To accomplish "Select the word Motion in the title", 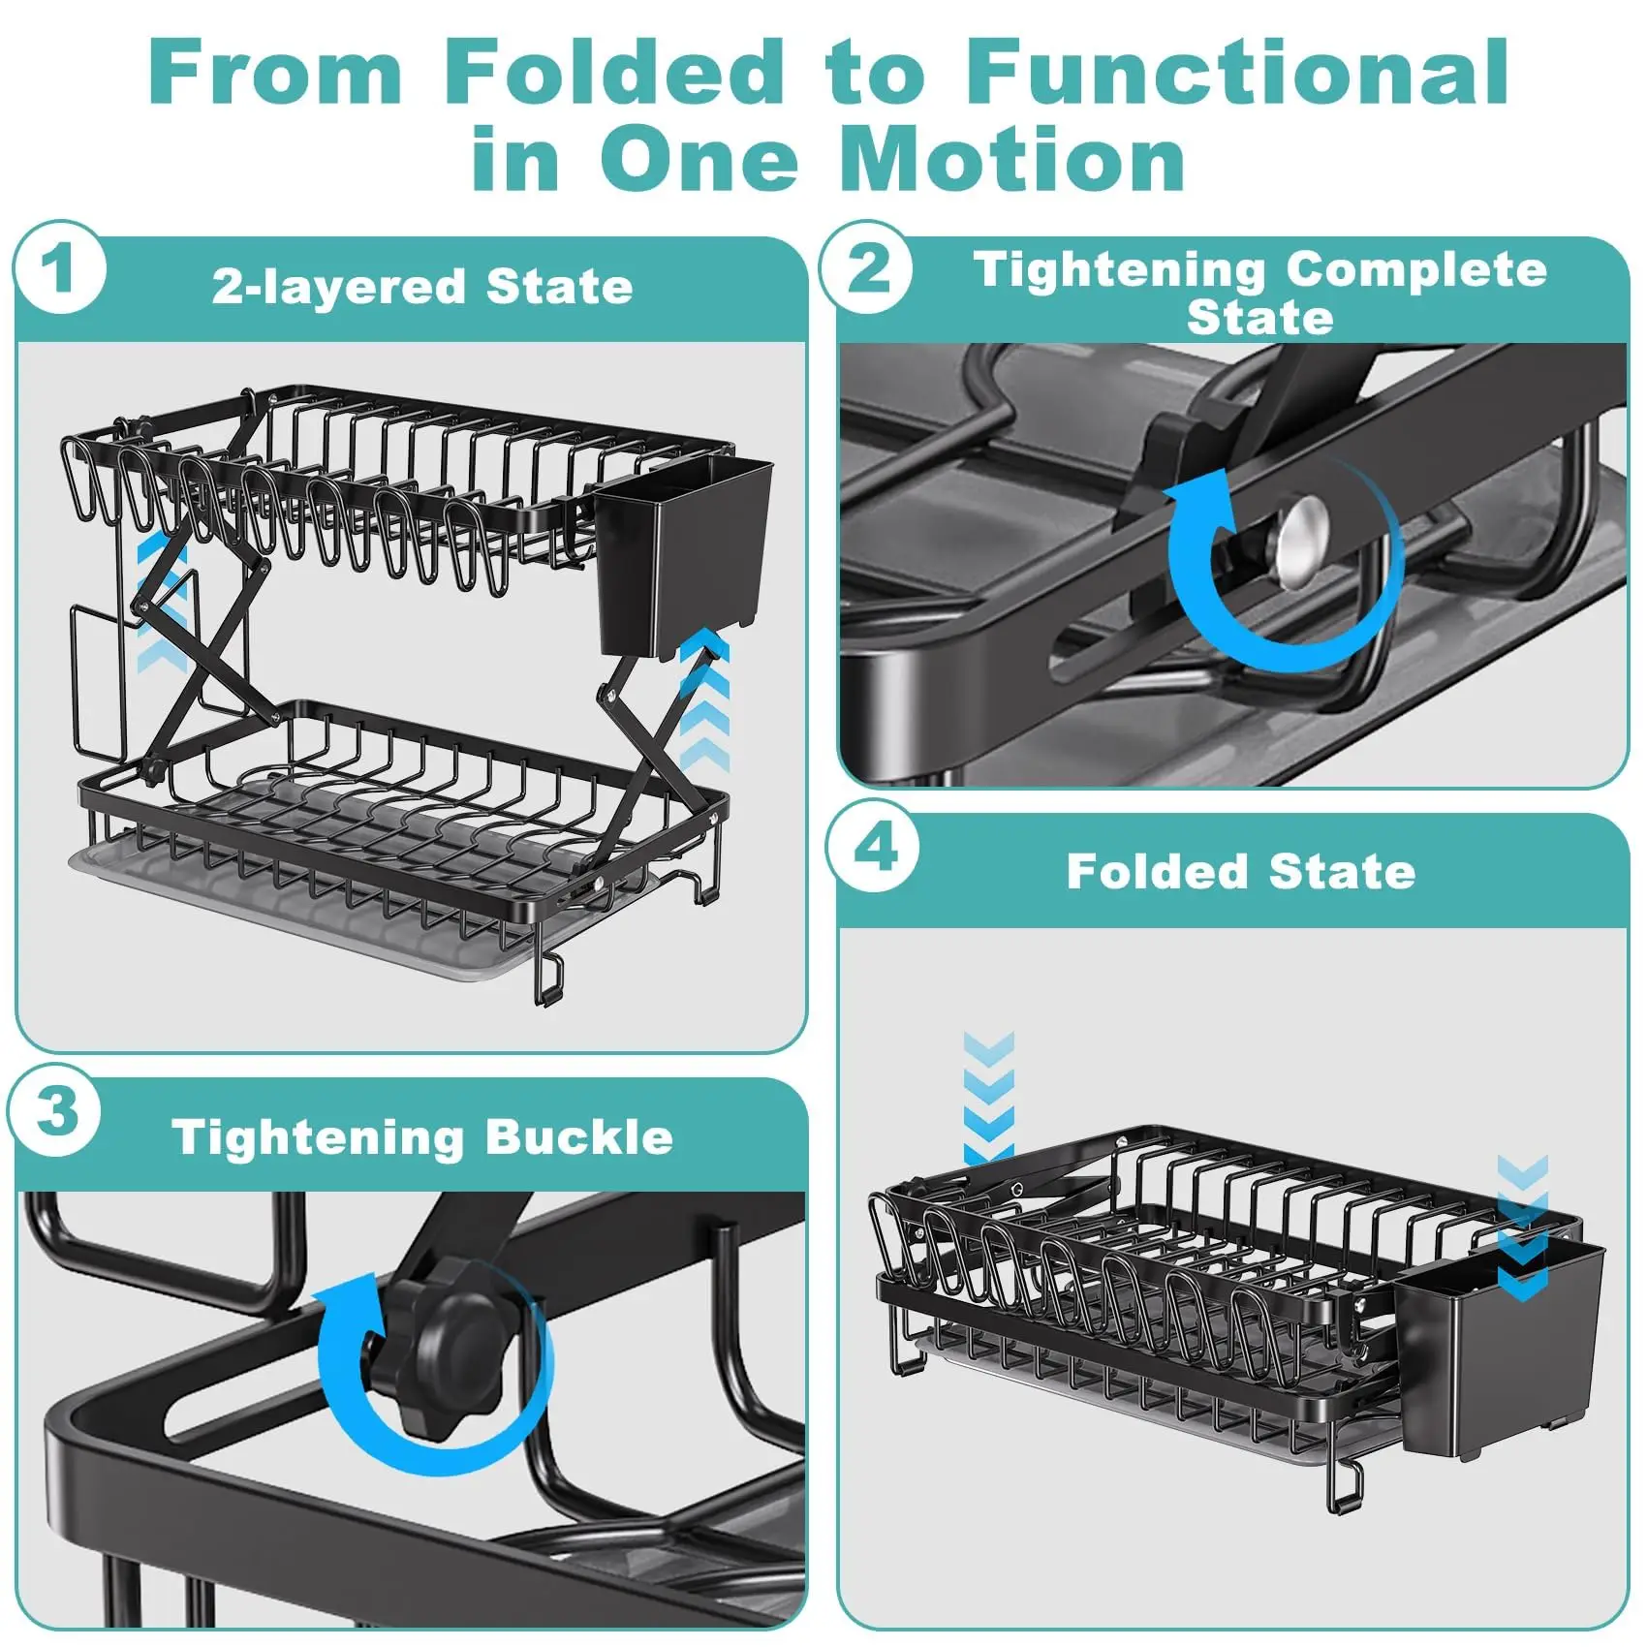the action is (x=1013, y=159).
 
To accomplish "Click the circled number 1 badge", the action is (x=59, y=268).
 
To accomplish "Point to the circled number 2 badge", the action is (x=866, y=267).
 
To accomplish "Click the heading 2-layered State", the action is (x=422, y=287).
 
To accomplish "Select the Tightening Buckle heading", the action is (x=422, y=1137).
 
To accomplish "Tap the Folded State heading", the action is (x=1241, y=872).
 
